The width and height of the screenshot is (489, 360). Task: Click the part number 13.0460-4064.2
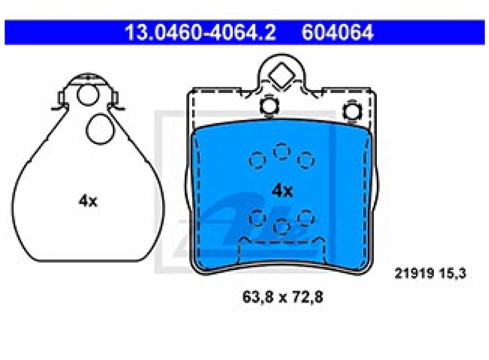click(x=200, y=32)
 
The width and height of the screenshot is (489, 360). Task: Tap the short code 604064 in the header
click(x=338, y=32)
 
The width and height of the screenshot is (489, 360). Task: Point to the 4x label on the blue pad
click(x=282, y=191)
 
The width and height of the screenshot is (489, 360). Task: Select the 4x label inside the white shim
click(x=88, y=201)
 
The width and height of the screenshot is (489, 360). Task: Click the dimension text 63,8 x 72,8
click(x=283, y=297)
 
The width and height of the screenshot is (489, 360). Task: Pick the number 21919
click(x=414, y=274)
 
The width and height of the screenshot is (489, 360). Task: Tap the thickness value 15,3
click(x=453, y=274)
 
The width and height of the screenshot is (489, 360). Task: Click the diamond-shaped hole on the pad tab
click(x=282, y=75)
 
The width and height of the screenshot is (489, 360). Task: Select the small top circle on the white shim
click(x=88, y=95)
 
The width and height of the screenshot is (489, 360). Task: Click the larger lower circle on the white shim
click(x=100, y=129)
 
